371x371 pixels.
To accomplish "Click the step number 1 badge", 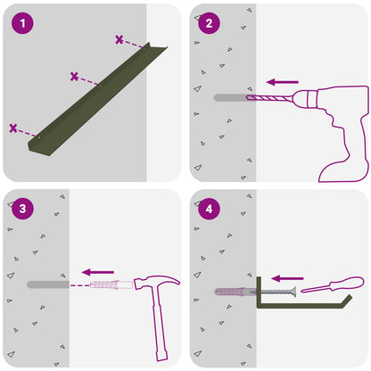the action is [22, 23].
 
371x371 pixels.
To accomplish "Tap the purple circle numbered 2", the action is [209, 23].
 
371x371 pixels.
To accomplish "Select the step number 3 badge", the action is [22, 209].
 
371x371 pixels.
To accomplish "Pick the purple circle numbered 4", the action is [209, 209].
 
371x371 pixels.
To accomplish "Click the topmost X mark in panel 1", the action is [120, 39].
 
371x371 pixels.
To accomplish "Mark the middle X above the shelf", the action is [74, 77].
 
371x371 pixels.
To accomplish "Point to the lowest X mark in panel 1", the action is [13, 128].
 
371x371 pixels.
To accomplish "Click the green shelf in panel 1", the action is [98, 100].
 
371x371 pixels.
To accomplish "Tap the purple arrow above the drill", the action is [283, 82].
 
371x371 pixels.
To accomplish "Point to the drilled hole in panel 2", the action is [230, 97].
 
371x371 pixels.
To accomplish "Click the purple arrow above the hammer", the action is [98, 272].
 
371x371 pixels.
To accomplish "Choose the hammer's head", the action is [157, 282].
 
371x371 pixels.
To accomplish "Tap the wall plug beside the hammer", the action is [111, 284].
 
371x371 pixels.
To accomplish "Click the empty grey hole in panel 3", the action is [48, 284].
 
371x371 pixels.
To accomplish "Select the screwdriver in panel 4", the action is [333, 284].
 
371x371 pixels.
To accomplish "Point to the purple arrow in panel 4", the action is [287, 278].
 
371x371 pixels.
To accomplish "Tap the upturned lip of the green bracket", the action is [347, 301].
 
